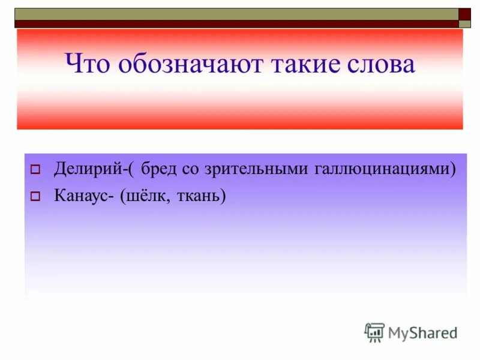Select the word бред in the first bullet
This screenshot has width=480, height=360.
click(160, 169)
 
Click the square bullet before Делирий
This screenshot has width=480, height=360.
click(35, 170)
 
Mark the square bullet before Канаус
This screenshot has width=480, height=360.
click(35, 196)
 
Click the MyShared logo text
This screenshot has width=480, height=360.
click(422, 332)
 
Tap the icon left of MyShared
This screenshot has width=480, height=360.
click(374, 332)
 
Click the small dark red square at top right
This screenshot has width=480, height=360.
click(465, 14)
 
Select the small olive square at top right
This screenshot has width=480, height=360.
click(465, 24)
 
